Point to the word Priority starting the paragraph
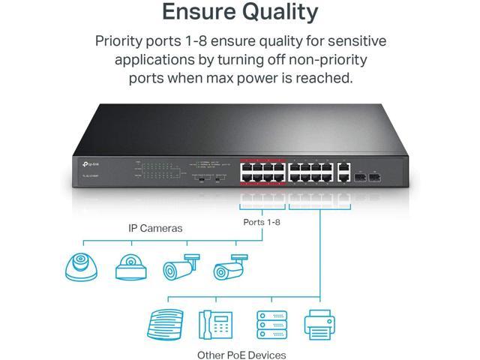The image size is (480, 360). point(125,40)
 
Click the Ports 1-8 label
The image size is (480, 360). point(262,223)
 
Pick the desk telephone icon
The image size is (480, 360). point(217,323)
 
